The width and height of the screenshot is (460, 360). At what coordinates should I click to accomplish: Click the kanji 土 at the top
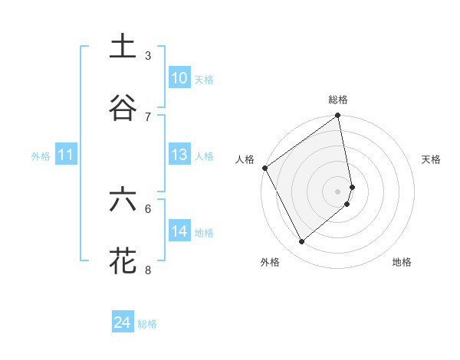point(123,47)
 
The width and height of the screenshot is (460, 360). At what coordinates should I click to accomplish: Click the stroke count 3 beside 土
point(148,55)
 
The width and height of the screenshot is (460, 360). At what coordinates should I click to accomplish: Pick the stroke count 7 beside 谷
point(148,116)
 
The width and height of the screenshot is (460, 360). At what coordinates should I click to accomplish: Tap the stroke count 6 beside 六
point(148,208)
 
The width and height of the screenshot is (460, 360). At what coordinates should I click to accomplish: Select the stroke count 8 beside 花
point(148,270)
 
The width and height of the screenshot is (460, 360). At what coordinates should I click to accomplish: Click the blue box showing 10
point(179,78)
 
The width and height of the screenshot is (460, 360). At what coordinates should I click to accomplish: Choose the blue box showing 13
point(179,155)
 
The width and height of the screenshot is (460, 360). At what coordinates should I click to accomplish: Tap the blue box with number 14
point(179,231)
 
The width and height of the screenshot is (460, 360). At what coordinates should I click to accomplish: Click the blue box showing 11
point(66,155)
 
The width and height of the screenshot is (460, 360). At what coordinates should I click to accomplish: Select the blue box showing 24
point(123,323)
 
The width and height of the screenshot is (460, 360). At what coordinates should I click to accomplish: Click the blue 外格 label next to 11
point(41,156)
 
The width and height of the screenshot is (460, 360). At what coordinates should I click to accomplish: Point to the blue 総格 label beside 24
point(147,324)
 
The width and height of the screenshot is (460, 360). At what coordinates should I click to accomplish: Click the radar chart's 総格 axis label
point(338,100)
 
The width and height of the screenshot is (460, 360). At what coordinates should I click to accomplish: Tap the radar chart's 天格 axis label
point(431,159)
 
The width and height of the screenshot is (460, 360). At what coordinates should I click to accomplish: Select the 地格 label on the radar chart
point(402,262)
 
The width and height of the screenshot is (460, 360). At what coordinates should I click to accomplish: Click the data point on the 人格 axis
point(264,168)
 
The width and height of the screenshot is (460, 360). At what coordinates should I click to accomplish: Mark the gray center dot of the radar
point(338,191)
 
